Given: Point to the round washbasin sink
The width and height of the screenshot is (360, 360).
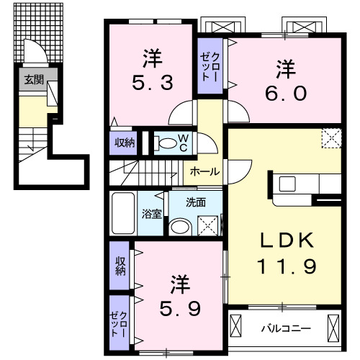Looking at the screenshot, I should (179, 228).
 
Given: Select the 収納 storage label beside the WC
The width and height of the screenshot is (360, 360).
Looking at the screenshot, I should (124, 143).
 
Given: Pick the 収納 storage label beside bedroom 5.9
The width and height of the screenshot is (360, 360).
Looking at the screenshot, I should (120, 264).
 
